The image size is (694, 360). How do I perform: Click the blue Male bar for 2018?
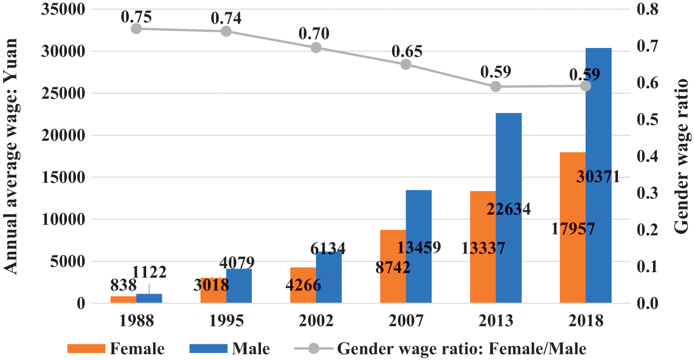click(x=599, y=135)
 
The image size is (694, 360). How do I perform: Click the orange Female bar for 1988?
click(x=123, y=300)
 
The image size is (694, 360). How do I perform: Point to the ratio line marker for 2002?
click(x=316, y=47)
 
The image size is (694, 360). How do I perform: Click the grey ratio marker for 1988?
click(x=136, y=29)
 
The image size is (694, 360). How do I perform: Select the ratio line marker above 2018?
click(x=586, y=86)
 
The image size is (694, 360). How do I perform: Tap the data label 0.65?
click(x=407, y=51)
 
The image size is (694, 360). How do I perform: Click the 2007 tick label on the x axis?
click(x=406, y=321)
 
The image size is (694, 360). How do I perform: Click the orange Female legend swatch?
click(x=86, y=348)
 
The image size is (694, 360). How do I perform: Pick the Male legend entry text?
click(x=251, y=348)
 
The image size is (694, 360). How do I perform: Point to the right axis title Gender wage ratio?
click(x=682, y=156)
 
